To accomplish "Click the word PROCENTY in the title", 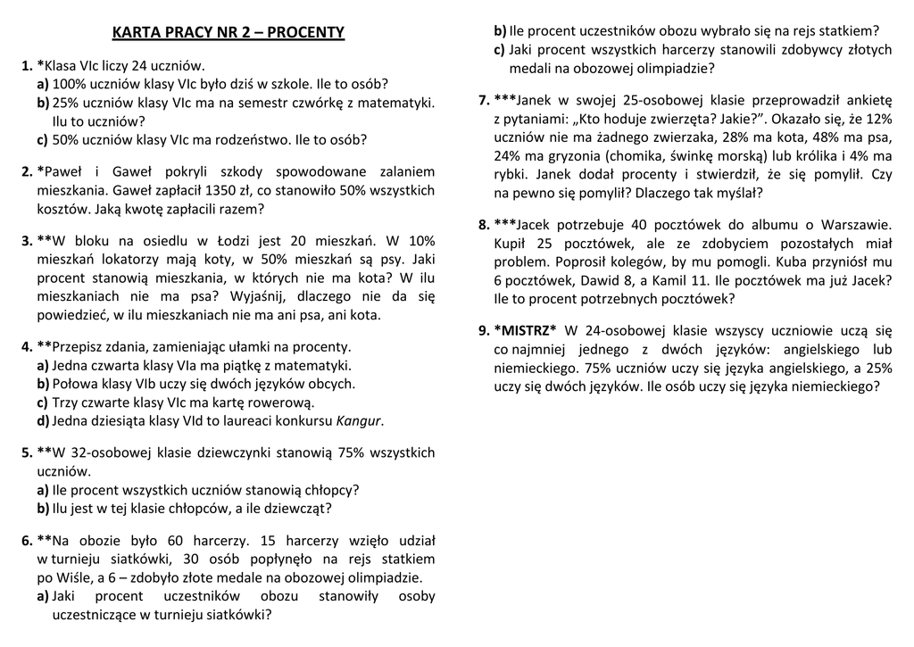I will [x=306, y=33].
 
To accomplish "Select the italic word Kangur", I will [x=358, y=421].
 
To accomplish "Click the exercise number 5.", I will [x=27, y=453].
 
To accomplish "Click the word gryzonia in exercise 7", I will [x=577, y=155].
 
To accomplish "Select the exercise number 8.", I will [x=484, y=225].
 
